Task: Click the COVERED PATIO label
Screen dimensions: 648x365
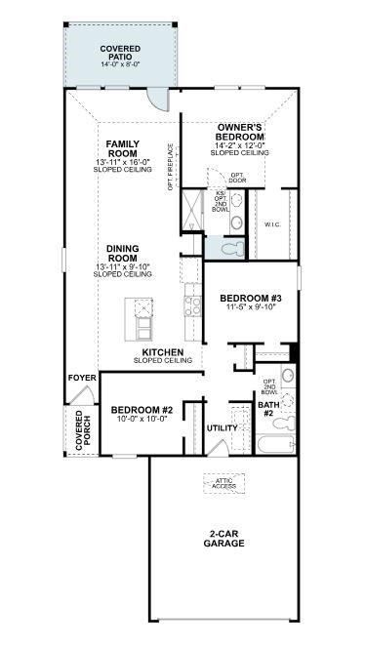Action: pos(120,52)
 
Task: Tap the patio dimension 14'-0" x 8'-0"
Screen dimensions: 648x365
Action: pos(120,64)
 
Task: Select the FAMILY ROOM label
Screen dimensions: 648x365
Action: pos(123,148)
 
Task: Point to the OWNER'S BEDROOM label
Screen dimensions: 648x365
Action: pos(240,133)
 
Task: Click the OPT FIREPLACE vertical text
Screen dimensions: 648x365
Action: pos(171,168)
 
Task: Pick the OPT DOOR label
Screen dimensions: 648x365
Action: pos(236,178)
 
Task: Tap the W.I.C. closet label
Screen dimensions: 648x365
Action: pos(272,224)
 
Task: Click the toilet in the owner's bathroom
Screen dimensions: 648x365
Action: pos(230,249)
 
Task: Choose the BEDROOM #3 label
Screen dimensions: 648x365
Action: pos(250,298)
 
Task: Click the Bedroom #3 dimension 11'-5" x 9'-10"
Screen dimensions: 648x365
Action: pos(250,307)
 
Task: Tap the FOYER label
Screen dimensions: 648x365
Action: pos(80,377)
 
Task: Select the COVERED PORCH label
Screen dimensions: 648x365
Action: pos(79,429)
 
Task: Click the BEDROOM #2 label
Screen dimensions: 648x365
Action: pos(142,410)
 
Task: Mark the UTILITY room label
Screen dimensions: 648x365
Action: pos(223,427)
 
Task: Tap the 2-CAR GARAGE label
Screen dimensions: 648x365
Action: pos(223,539)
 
